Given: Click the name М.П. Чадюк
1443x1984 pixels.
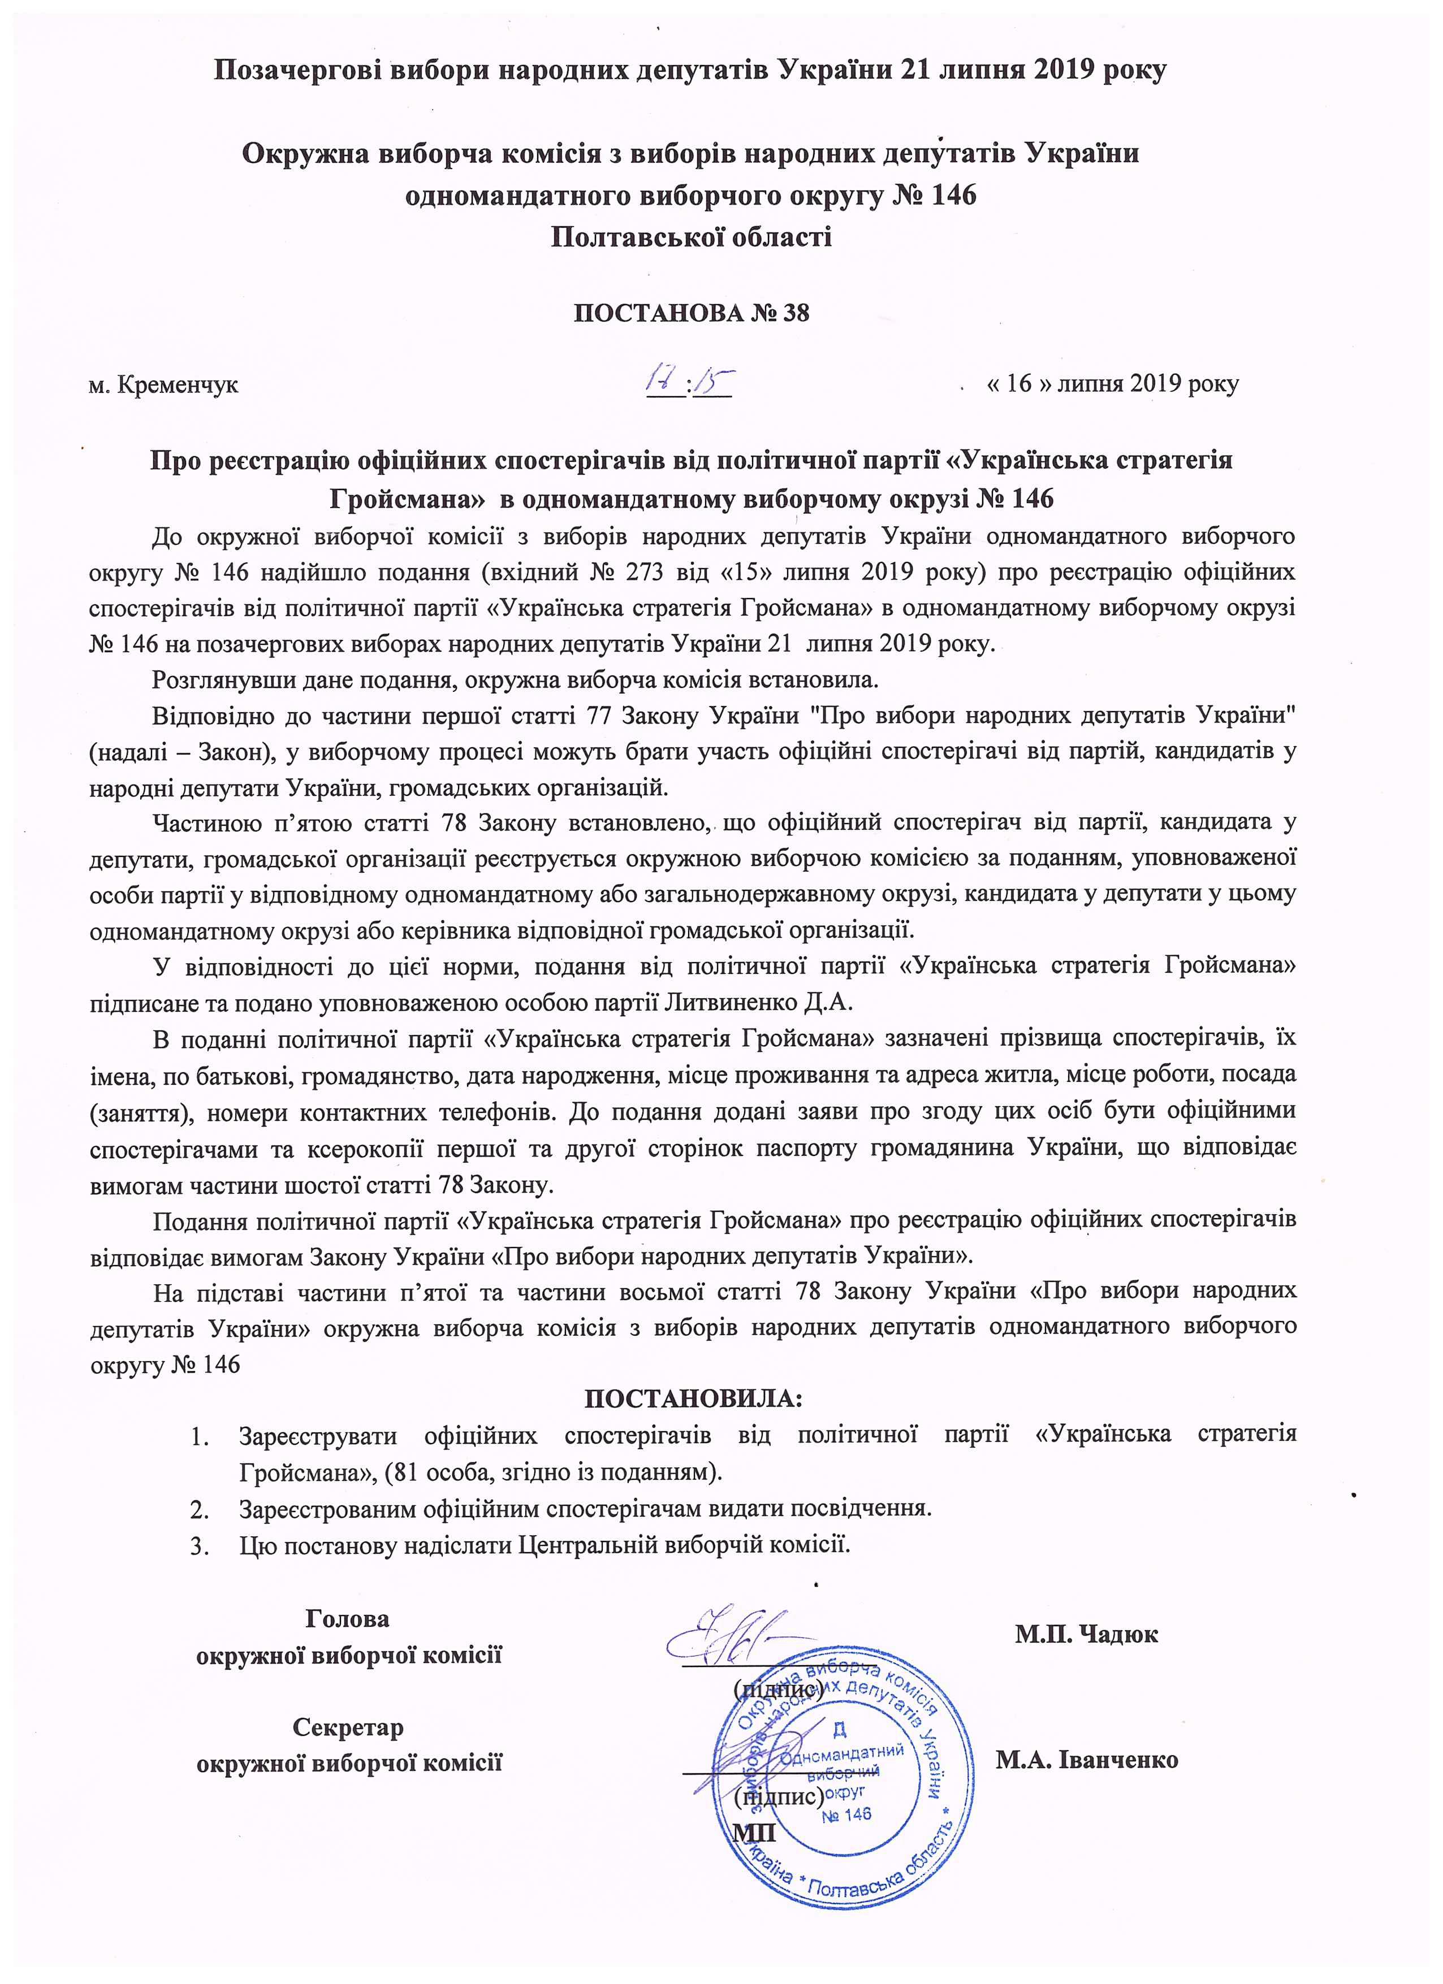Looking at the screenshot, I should tap(1087, 1634).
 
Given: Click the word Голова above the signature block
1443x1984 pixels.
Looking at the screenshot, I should tap(347, 1618).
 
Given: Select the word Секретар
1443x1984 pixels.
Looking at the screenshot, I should tap(348, 1728).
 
